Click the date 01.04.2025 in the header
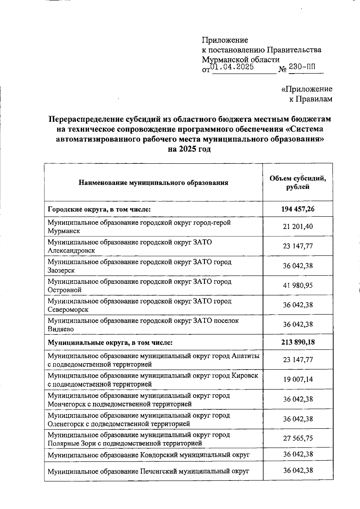click(232, 67)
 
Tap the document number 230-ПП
click(302, 67)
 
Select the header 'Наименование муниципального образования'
click(153, 183)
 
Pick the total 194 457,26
click(298, 209)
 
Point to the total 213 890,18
click(298, 342)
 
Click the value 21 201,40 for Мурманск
click(298, 227)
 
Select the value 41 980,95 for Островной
click(298, 285)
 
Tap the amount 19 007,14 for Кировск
click(298, 379)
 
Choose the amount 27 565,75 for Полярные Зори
click(298, 438)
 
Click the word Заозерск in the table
click(61, 270)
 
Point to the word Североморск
click(68, 309)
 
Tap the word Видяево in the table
click(61, 329)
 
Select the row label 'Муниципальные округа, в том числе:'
click(110, 342)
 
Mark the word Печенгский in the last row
click(158, 471)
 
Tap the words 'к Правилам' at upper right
click(310, 99)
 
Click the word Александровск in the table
click(71, 250)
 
